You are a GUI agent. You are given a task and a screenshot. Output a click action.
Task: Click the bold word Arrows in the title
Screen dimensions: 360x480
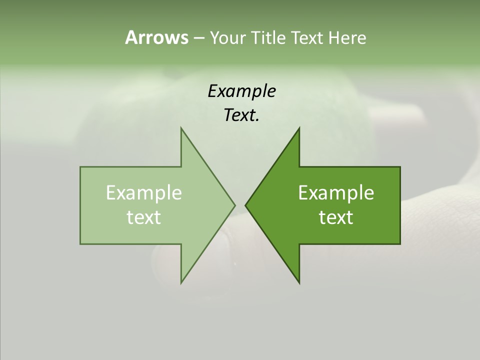coord(156,37)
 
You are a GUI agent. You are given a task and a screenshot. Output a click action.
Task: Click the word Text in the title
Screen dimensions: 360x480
coord(308,37)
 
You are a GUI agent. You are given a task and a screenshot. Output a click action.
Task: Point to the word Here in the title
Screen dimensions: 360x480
coord(347,37)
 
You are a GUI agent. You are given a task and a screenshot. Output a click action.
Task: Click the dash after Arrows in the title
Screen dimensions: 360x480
coord(198,38)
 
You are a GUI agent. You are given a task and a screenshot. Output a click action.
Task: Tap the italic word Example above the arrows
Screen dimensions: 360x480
coord(241,91)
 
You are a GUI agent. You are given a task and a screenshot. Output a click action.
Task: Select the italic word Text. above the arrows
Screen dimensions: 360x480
coord(241,115)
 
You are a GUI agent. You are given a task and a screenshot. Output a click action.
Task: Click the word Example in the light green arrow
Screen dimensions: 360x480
coord(143,193)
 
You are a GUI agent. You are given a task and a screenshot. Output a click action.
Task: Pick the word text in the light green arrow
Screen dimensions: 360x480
coord(143,217)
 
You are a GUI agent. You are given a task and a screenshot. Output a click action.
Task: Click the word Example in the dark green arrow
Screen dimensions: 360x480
coord(336,193)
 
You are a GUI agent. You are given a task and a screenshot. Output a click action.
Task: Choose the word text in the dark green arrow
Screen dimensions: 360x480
coord(336,217)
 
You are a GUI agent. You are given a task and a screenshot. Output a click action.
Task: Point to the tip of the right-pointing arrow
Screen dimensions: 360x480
coord(234,205)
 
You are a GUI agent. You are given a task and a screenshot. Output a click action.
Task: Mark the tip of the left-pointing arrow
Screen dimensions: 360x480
coord(245,205)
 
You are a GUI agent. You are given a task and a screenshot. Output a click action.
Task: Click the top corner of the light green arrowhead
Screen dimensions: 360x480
coord(181,128)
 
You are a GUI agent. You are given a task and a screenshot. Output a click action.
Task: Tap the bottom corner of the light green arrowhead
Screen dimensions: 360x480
coord(181,282)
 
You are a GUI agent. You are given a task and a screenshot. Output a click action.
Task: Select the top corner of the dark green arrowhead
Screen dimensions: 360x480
coord(299,128)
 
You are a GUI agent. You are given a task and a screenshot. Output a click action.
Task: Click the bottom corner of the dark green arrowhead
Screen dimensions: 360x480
coord(299,282)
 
